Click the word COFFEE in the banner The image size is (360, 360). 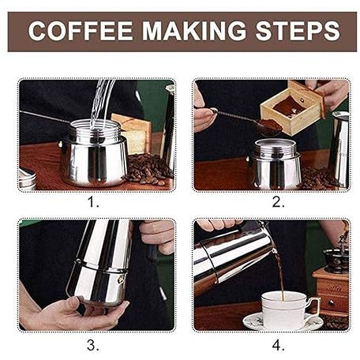81,31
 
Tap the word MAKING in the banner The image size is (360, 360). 193,31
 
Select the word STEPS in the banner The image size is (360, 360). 298,31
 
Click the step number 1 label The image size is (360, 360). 93,203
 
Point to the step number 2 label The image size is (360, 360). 279,203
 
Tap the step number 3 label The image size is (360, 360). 93,345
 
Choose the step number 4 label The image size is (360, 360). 279,345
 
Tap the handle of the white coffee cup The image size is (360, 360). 313,306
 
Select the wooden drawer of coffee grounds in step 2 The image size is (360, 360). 293,108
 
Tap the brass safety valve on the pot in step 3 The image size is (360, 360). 121,280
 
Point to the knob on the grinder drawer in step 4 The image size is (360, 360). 332,303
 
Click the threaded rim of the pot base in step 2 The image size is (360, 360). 276,148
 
